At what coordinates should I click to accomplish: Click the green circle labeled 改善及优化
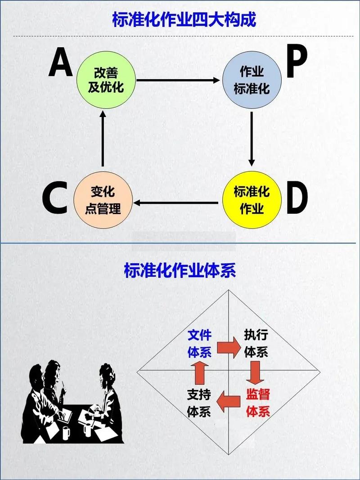coord(106,80)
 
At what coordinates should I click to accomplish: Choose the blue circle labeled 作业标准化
coord(252,80)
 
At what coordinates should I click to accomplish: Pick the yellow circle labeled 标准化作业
coord(252,201)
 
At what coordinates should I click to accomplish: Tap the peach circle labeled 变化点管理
coord(103,200)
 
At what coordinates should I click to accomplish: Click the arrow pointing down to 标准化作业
coord(252,139)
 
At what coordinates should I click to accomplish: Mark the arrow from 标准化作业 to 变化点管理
coord(178,203)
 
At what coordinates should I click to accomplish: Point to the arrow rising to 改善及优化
coord(103,139)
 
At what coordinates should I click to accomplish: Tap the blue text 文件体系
coord(199,343)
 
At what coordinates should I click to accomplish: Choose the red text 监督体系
coord(258,403)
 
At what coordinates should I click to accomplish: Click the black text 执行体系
coord(256,343)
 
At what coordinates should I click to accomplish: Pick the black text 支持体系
coord(199,403)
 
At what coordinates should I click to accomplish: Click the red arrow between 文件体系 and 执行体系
coord(229,347)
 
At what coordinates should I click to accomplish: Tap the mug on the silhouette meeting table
coord(66,432)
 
